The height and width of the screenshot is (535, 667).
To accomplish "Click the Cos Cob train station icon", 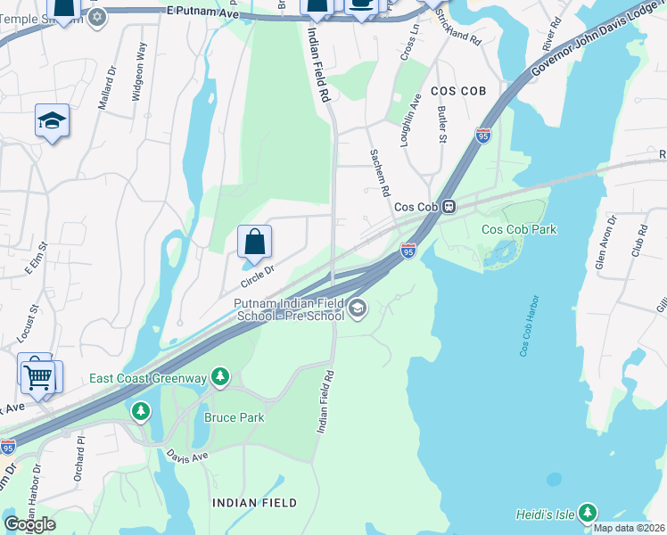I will coord(450,206).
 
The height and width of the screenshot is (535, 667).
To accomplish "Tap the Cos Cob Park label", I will coord(519,229).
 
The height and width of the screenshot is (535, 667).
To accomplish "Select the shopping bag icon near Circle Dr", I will coord(254,241).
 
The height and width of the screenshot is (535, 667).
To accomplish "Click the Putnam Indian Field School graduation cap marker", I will coord(358,309).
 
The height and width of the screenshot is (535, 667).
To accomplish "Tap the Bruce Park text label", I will coord(235,416).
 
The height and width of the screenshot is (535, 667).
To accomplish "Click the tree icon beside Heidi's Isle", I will coord(587,513).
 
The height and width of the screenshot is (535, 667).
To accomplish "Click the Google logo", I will coord(29,524).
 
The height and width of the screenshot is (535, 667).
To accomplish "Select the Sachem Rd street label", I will coord(380,173).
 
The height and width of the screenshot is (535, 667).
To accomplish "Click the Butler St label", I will coord(441,126).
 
